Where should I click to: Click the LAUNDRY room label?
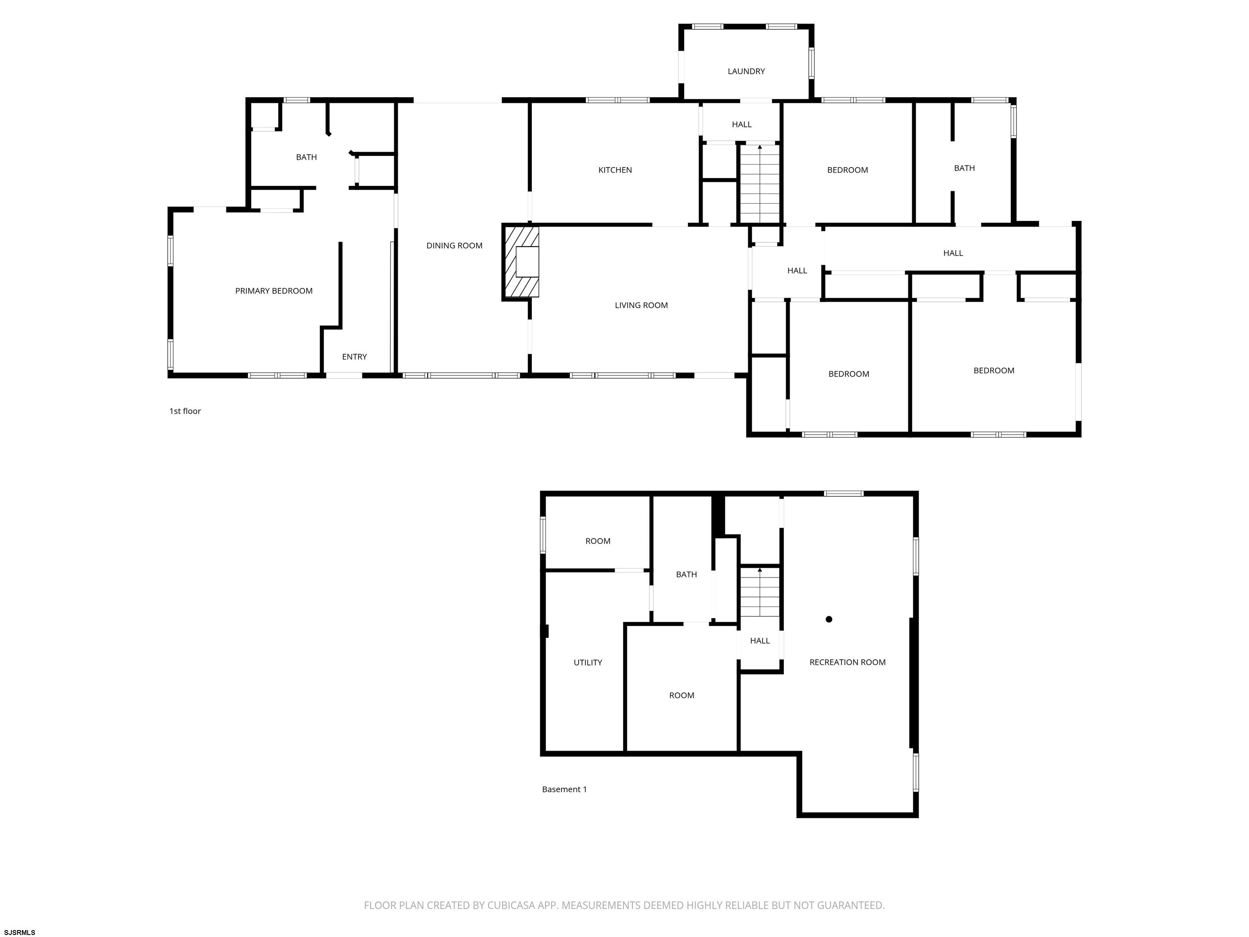pyautogui.click(x=746, y=71)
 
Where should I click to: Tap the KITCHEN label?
pyautogui.click(x=615, y=170)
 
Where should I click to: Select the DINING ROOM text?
pyautogui.click(x=455, y=246)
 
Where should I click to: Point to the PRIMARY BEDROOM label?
pyautogui.click(x=274, y=291)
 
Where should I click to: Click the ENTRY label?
pyautogui.click(x=355, y=357)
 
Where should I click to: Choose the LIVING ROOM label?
pyautogui.click(x=642, y=305)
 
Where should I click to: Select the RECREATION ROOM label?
pyautogui.click(x=848, y=662)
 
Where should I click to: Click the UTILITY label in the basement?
pyautogui.click(x=588, y=662)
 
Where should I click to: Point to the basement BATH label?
pyautogui.click(x=687, y=574)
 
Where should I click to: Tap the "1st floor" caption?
pyautogui.click(x=185, y=411)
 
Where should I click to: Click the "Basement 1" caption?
pyautogui.click(x=565, y=790)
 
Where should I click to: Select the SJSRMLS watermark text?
pyautogui.click(x=20, y=933)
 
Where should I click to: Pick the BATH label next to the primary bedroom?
pyautogui.click(x=307, y=157)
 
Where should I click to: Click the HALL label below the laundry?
pyautogui.click(x=742, y=125)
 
